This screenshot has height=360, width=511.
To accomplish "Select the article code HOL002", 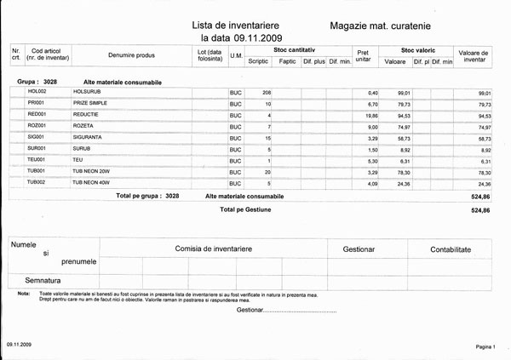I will tap(37, 91).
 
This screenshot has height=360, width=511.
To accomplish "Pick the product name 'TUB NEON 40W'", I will tap(93, 182).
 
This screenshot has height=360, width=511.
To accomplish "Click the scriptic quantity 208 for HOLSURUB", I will tap(266, 91).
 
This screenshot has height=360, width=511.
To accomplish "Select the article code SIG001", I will tap(37, 136).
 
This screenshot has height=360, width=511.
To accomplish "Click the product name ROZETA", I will tap(85, 125).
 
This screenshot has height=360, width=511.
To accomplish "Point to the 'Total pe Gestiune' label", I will tap(245, 209).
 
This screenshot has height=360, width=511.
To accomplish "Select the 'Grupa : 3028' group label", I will tap(37, 81).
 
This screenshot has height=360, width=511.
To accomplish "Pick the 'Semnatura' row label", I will tap(49, 280).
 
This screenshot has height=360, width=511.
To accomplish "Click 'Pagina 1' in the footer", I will tap(490, 347).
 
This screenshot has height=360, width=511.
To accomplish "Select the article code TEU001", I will tap(36, 159).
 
